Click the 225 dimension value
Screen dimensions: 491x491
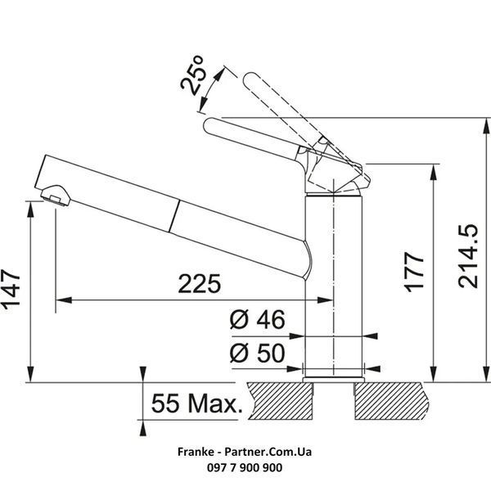point(200,284)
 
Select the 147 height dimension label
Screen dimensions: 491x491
point(11,290)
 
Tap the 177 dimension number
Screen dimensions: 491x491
point(414,272)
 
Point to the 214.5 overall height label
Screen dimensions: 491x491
point(468,256)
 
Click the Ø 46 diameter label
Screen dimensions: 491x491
point(258,319)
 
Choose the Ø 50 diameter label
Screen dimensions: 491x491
point(258,353)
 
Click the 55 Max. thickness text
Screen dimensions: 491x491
point(196,403)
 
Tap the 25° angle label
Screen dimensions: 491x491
point(193,75)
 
